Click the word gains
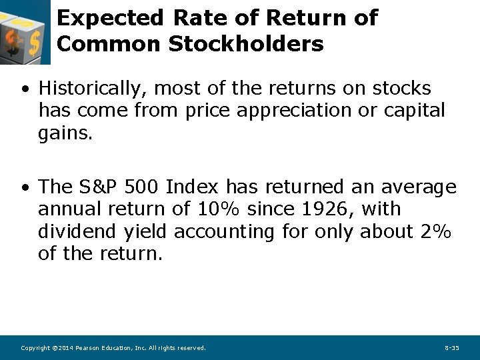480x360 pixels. pos(65,133)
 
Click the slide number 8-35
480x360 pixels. pos(451,348)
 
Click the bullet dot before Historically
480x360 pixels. pos(24,89)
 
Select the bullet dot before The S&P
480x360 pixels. pos(24,187)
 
